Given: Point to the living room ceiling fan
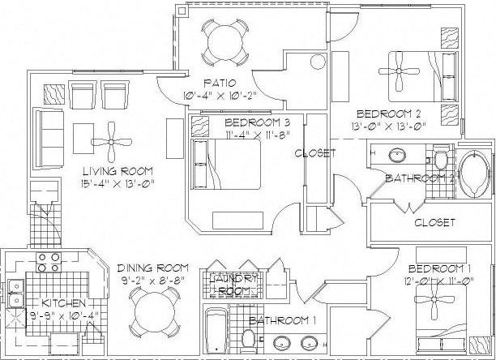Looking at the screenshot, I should click(x=115, y=139).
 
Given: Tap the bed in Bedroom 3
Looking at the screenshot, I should click(x=225, y=164).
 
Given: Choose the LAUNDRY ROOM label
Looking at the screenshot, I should click(x=234, y=284).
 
